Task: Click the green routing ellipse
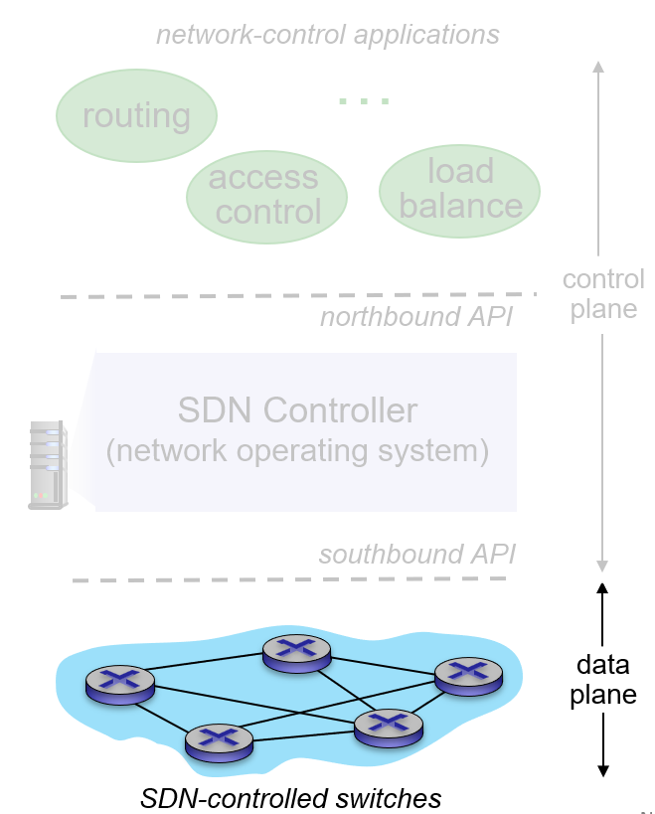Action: point(136,115)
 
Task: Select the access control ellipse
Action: point(266,195)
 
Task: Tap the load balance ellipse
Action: point(459,189)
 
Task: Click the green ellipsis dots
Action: point(363,101)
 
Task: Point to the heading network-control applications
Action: point(327,36)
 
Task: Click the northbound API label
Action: point(416,317)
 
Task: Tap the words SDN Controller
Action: point(297,409)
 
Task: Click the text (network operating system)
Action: point(297,451)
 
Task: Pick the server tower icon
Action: point(47,464)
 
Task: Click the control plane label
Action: point(602,293)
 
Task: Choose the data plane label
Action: point(602,679)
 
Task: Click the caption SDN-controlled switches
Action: point(290,798)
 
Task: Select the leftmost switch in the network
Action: point(120,682)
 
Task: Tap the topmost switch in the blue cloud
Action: point(296,651)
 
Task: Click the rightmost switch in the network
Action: point(468,674)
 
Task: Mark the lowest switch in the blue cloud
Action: point(220,739)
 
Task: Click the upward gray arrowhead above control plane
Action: point(598,67)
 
